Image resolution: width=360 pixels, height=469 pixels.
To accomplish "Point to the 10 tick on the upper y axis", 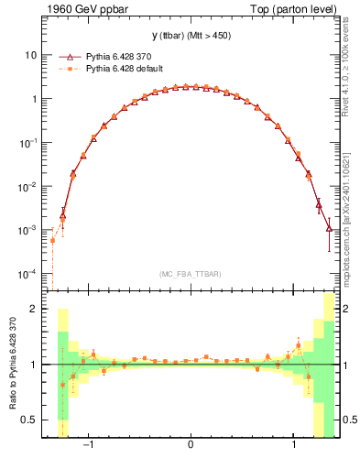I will tap(30, 54).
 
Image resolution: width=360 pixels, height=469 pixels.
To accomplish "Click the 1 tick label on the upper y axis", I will tap(33, 98).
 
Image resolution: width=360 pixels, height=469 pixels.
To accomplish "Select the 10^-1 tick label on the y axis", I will tap(28, 142).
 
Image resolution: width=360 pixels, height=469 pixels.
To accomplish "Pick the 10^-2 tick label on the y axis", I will tap(28, 186).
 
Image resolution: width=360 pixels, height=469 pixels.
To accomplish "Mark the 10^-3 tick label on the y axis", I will tap(28, 230).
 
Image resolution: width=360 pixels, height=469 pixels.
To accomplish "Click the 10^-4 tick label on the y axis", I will tap(28, 274).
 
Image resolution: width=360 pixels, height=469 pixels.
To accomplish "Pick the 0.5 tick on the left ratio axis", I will tap(30, 420).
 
